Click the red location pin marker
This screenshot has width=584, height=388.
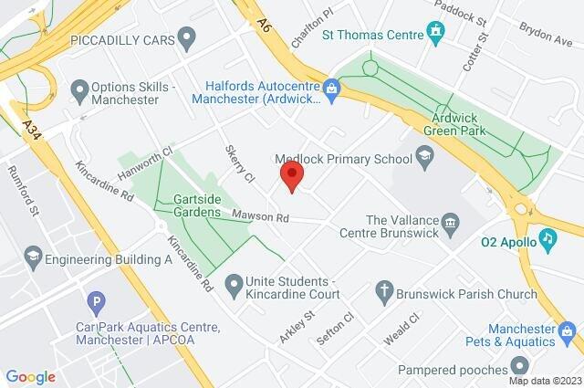[291, 175]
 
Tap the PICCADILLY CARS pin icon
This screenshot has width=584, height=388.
[188, 39]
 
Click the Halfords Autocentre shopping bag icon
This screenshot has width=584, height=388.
[331, 89]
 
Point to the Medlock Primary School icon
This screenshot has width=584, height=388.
[424, 159]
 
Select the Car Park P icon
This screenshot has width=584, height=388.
[95, 302]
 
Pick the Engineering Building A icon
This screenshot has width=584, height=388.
[34, 254]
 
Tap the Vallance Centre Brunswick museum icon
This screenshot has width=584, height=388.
[450, 222]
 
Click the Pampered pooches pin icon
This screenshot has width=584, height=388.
[521, 369]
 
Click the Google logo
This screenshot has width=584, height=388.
[31, 376]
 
